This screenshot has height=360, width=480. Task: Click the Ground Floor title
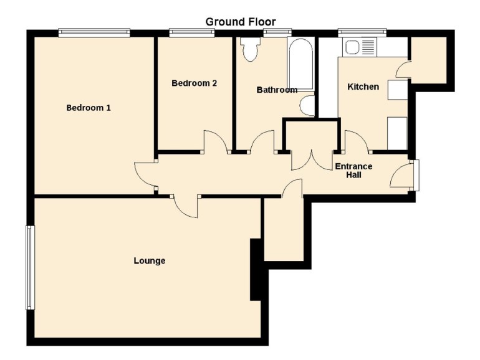point(240,22)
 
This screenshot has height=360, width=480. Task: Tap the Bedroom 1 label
point(89,108)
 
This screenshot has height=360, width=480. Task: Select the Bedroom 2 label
point(194,83)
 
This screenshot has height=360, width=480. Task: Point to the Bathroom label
point(277,90)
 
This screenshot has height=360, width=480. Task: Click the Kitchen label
point(363,87)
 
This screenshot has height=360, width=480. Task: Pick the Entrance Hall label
point(353,171)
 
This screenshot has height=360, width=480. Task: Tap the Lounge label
point(150,260)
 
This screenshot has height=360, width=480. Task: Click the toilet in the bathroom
point(251,49)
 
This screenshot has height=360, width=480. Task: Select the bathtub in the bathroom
point(300,64)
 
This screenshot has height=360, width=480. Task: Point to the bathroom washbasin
point(307,105)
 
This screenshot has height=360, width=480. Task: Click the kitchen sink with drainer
point(360,47)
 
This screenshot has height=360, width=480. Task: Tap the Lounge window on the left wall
point(31,268)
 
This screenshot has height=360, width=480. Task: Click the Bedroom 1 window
point(94,33)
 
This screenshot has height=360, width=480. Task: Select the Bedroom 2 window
point(192,33)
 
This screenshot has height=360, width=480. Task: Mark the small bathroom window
point(277,33)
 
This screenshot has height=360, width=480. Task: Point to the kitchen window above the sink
point(362,33)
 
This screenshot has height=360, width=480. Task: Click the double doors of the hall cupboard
point(312,160)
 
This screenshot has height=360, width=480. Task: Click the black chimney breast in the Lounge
point(257,270)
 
